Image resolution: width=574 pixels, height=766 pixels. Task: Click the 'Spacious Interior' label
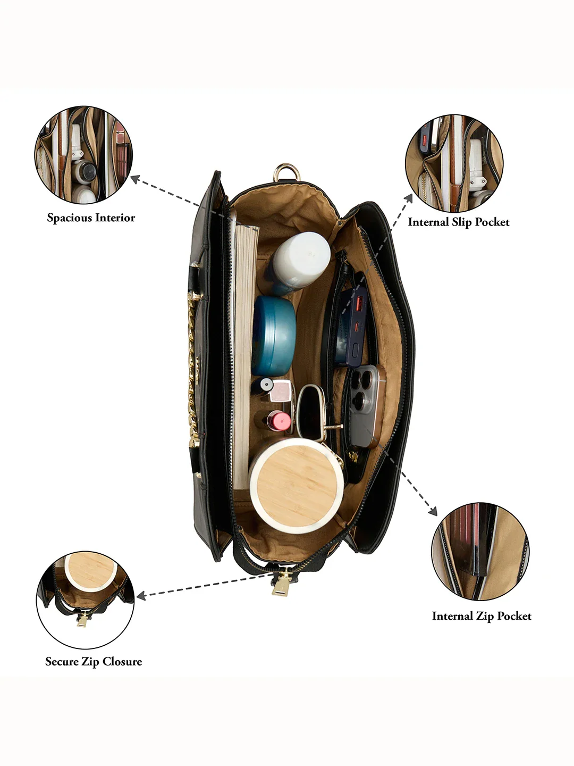point(91,218)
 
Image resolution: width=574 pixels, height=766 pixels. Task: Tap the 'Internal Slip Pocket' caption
point(459,222)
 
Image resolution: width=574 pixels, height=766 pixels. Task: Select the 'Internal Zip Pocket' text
point(482,616)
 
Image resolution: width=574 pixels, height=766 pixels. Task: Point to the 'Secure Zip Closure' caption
point(94,661)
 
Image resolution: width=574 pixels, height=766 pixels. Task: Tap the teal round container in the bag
point(274,336)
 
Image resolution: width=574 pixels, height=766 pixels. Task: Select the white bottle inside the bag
point(300,262)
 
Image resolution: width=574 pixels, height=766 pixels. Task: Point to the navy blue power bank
point(350,326)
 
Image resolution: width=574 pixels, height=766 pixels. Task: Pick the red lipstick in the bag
point(278,421)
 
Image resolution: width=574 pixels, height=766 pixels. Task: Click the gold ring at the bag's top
point(286,172)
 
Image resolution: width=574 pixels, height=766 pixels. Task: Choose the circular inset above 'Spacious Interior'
point(83,155)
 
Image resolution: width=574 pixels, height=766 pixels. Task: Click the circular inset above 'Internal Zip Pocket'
point(480,552)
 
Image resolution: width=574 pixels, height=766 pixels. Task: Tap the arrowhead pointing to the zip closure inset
point(141,595)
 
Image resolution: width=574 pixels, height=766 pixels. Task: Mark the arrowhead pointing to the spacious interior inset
point(135,179)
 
